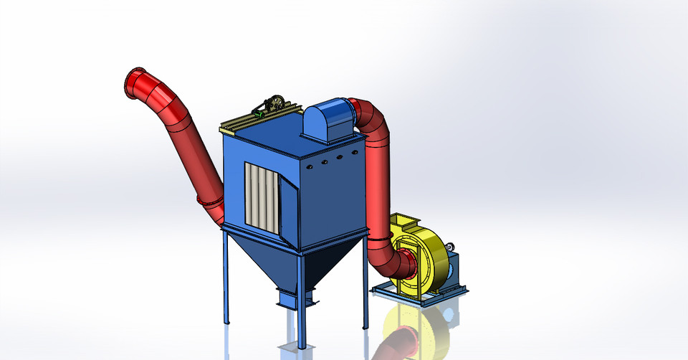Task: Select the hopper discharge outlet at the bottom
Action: pyautogui.click(x=294, y=295)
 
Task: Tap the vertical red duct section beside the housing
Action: pyautogui.click(x=377, y=186)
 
